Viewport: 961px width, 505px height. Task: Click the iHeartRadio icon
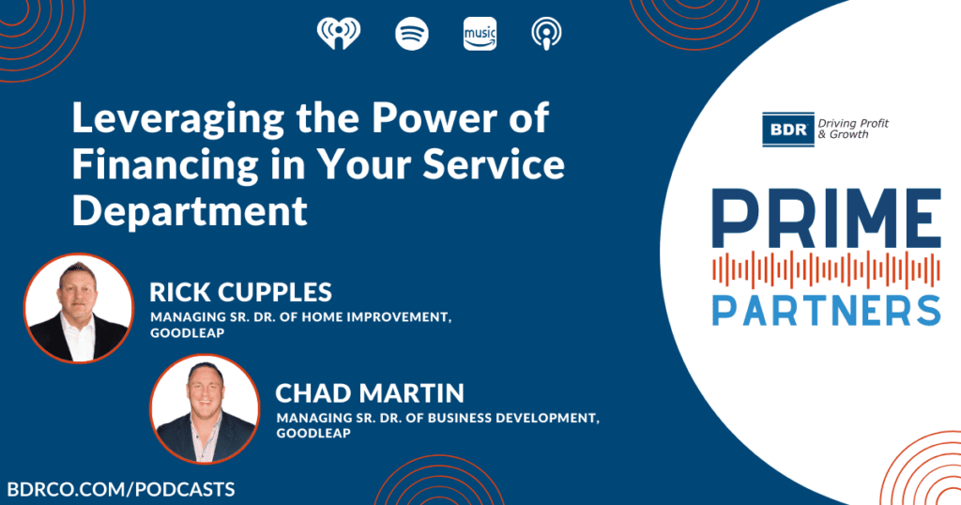pos(339,33)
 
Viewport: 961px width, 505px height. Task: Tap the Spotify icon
pos(412,33)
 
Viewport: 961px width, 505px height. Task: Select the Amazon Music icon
pos(480,33)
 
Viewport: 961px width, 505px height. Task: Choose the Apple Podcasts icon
pos(546,33)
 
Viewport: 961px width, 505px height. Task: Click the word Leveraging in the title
pos(178,119)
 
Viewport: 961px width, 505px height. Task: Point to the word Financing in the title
pos(165,165)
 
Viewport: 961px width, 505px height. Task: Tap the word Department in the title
pos(190,210)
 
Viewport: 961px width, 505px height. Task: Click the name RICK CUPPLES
pos(241,292)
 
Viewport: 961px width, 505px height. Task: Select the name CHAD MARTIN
pos(370,393)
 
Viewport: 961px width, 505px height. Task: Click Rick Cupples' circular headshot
pos(79,308)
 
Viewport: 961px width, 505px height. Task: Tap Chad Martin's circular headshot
pos(205,408)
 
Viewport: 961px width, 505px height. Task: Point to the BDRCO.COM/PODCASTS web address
pos(121,489)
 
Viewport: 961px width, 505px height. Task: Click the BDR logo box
pos(788,130)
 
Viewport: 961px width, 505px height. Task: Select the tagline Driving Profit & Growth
pos(853,129)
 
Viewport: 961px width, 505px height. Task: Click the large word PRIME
pos(826,219)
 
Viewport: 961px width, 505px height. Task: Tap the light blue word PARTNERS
pos(826,310)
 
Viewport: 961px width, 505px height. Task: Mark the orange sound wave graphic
pos(826,270)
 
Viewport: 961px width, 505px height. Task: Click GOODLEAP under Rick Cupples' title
pos(188,333)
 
